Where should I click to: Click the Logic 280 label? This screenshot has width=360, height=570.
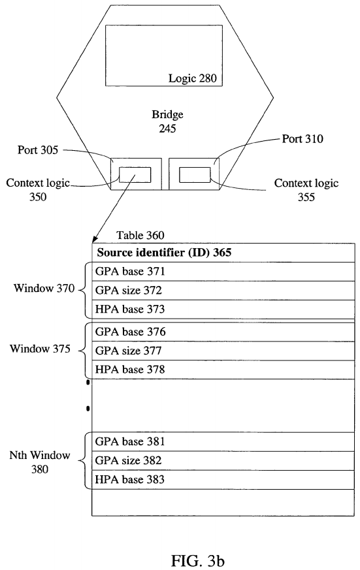click(x=192, y=78)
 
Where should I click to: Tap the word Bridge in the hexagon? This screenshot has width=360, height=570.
click(x=167, y=114)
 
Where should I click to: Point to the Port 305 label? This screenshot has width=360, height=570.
click(x=38, y=150)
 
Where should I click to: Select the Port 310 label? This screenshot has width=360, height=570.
click(x=303, y=139)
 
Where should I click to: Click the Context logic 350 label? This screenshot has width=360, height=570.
click(x=38, y=190)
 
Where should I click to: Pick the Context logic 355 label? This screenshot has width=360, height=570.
click(x=306, y=190)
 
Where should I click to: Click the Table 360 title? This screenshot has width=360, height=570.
click(x=140, y=235)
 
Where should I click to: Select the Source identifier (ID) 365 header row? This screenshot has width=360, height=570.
click(x=223, y=253)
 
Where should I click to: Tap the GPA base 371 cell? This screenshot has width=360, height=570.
click(x=223, y=272)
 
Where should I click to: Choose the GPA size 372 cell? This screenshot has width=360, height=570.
click(x=223, y=291)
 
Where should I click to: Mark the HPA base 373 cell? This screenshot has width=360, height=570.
click(x=223, y=309)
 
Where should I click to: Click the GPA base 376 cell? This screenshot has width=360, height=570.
click(x=223, y=332)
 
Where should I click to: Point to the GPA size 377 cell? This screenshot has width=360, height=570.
click(x=223, y=351)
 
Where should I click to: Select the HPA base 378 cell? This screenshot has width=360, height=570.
click(x=223, y=370)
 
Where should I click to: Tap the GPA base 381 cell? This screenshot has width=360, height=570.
click(x=223, y=441)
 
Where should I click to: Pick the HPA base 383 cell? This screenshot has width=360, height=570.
click(x=223, y=479)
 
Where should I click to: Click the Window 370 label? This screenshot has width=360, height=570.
click(x=44, y=289)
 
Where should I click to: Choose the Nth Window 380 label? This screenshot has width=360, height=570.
click(x=40, y=462)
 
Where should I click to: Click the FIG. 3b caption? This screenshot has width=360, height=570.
click(x=198, y=561)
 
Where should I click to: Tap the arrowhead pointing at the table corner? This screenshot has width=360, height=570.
click(x=95, y=239)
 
